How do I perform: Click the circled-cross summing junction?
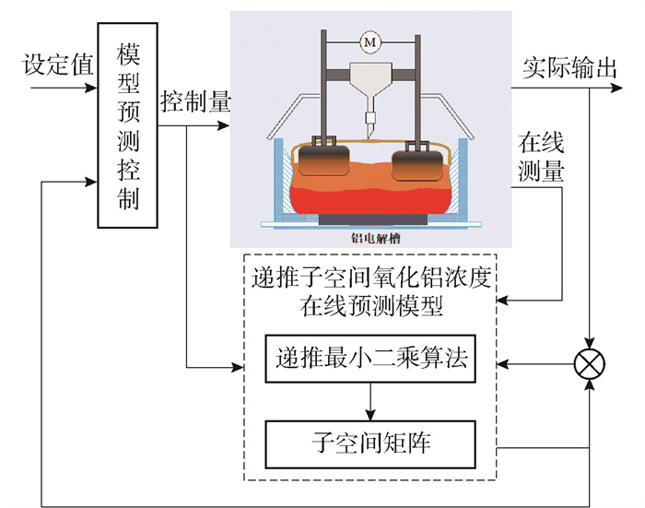pyautogui.click(x=590, y=364)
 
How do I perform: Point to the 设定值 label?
pyautogui.click(x=58, y=65)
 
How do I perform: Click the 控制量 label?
pyautogui.click(x=195, y=101)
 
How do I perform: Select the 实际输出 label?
pyautogui.click(x=570, y=68)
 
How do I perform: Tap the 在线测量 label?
pyautogui.click(x=541, y=157)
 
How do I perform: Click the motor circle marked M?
pyautogui.click(x=370, y=42)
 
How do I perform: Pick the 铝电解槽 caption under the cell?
pyautogui.click(x=376, y=239)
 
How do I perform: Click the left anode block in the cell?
pyautogui.click(x=323, y=160)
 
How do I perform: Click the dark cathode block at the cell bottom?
pyautogui.click(x=372, y=219)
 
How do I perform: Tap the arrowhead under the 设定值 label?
pyautogui.click(x=91, y=88)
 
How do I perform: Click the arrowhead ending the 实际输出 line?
pyautogui.click(x=616, y=88)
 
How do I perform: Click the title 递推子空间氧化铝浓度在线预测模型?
pyautogui.click(x=371, y=292)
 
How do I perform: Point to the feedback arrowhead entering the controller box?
pyautogui.click(x=91, y=182)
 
